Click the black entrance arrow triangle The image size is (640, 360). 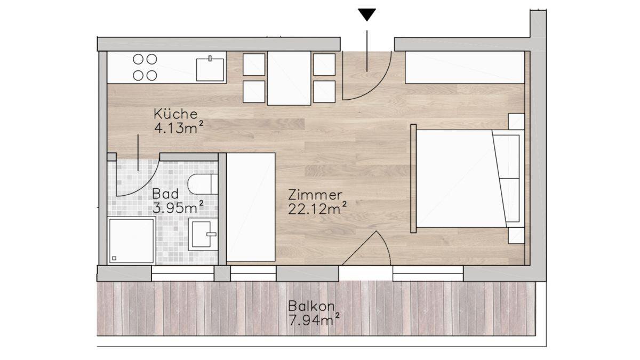[x=367, y=14]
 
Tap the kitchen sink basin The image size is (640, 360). [x=210, y=70]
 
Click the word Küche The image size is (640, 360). [x=175, y=114]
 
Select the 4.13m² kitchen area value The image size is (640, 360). [x=179, y=127]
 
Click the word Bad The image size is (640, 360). [x=165, y=194]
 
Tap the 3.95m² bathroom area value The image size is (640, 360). [x=178, y=207]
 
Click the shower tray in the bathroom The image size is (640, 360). [x=131, y=241]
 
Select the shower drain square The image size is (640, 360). [x=114, y=258]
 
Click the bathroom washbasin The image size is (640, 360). [x=203, y=234]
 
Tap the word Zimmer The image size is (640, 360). [x=315, y=195]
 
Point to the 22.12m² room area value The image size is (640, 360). [x=317, y=209]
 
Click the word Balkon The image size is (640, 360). [x=311, y=306]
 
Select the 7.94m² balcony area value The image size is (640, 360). [x=314, y=319]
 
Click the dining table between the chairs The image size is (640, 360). [x=289, y=78]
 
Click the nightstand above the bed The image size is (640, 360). [x=516, y=122]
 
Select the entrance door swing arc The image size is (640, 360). [x=378, y=87]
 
